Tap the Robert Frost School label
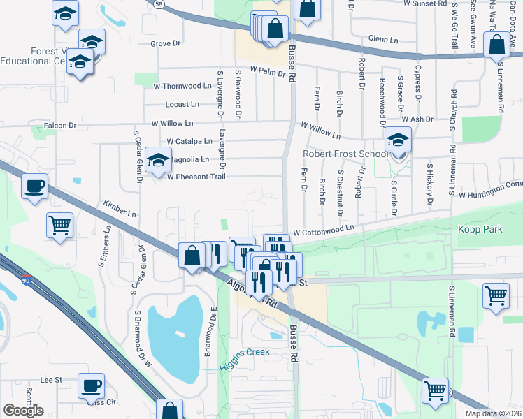(344, 154)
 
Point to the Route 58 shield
(159, 4)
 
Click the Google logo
(23, 411)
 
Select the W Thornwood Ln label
(182, 86)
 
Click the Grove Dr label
(165, 43)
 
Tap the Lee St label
(51, 380)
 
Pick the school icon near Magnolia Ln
(159, 159)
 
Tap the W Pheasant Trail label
(196, 177)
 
